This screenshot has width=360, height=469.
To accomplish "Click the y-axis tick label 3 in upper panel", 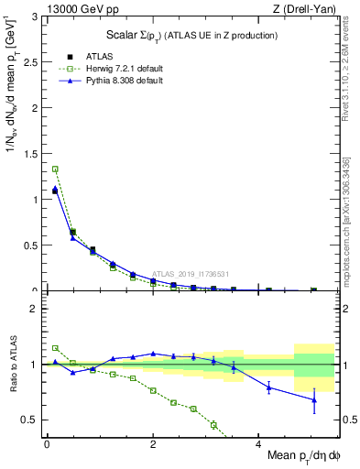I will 35,17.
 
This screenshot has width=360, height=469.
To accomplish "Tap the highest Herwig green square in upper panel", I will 55,169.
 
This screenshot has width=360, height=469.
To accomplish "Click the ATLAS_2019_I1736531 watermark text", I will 191,274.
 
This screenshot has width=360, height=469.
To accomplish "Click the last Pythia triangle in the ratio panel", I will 314,399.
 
